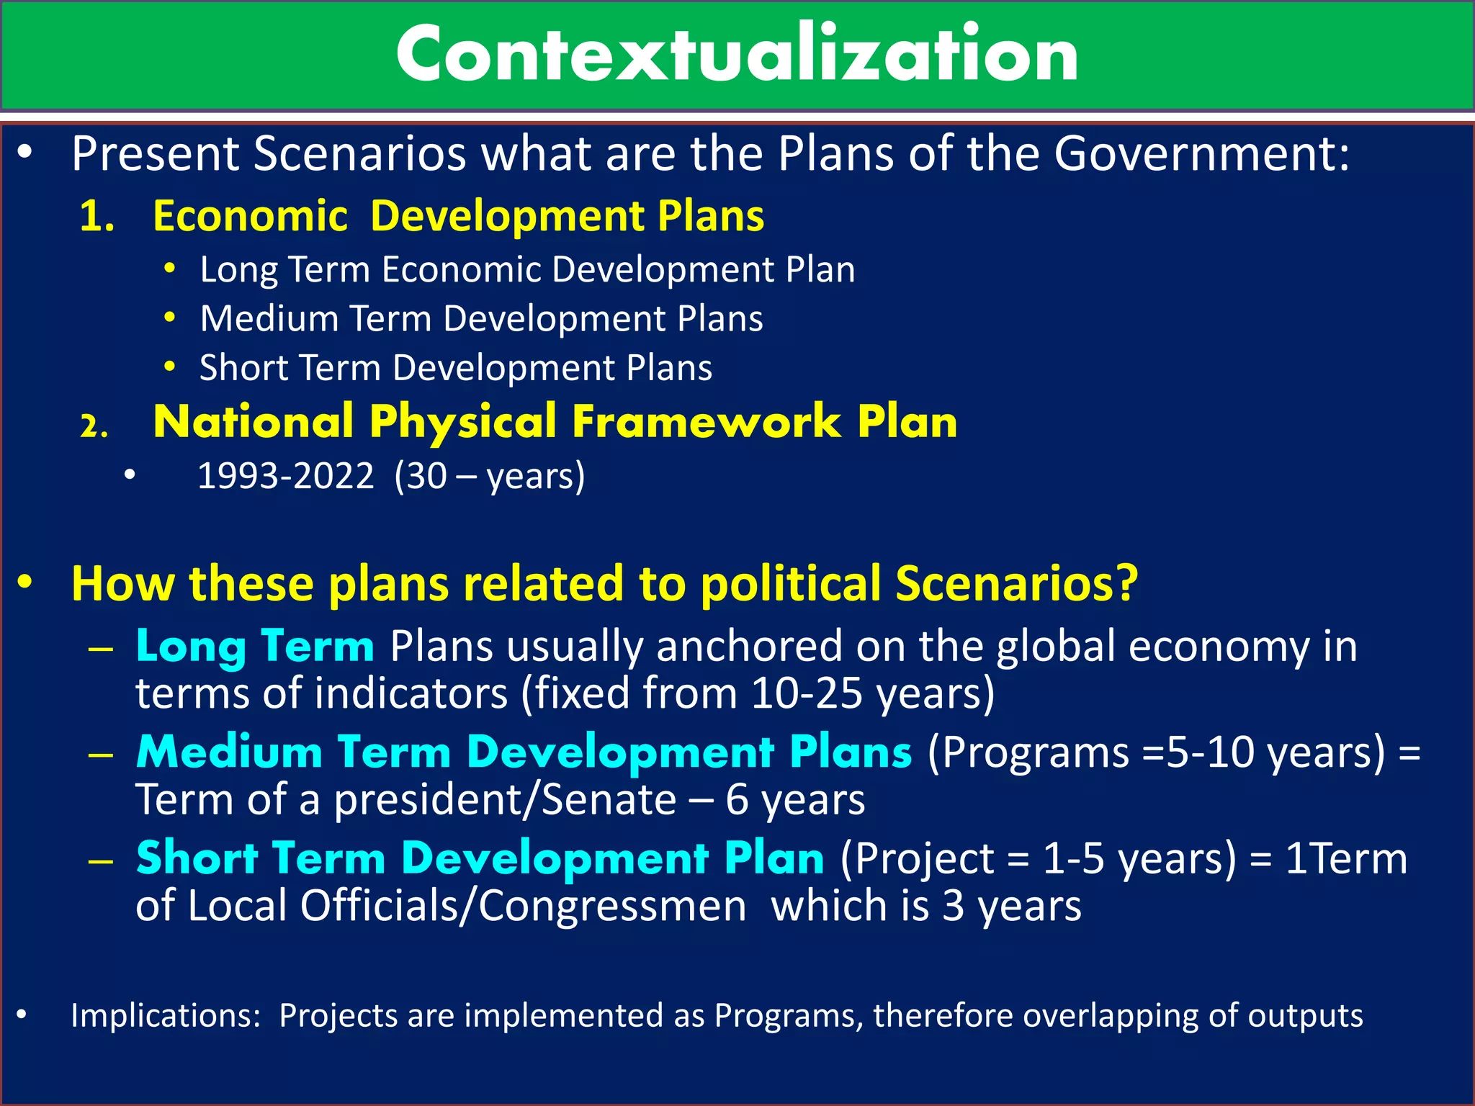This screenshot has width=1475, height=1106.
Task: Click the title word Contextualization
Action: (737, 55)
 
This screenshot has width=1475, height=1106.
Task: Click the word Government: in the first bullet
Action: (1201, 154)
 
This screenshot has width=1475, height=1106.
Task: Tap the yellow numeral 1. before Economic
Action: (97, 216)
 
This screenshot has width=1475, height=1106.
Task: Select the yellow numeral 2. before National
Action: (94, 426)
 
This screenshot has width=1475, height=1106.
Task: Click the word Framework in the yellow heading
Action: (706, 422)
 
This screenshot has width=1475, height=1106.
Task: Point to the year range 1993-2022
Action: (286, 477)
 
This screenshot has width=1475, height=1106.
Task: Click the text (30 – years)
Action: (490, 477)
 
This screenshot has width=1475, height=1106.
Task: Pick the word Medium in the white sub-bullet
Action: (269, 319)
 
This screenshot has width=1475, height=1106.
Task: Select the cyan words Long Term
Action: (255, 646)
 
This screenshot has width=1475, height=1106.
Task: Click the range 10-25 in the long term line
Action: (806, 693)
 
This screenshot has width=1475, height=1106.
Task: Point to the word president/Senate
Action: (505, 800)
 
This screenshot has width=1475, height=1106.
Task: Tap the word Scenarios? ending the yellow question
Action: (1016, 583)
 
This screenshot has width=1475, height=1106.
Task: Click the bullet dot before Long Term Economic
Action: (170, 269)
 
